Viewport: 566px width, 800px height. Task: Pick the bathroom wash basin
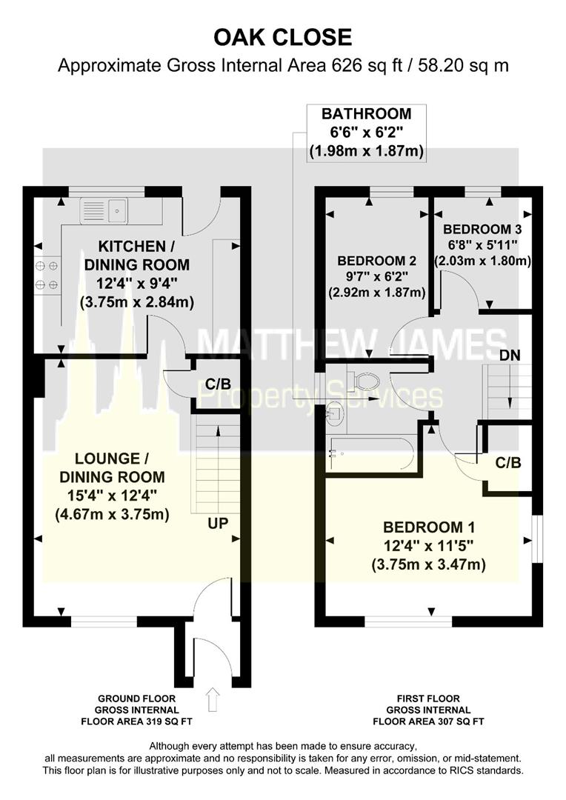(x=334, y=413)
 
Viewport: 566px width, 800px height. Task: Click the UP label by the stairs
(x=218, y=523)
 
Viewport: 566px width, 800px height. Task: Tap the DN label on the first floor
(x=509, y=355)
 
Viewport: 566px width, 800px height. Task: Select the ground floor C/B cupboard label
(x=217, y=384)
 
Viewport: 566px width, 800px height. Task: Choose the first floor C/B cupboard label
(x=508, y=463)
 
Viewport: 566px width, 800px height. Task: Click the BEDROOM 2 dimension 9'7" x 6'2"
(x=377, y=276)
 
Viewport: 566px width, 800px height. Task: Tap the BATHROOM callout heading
(x=365, y=114)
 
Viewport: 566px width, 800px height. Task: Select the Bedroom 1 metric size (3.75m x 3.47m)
(x=429, y=565)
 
